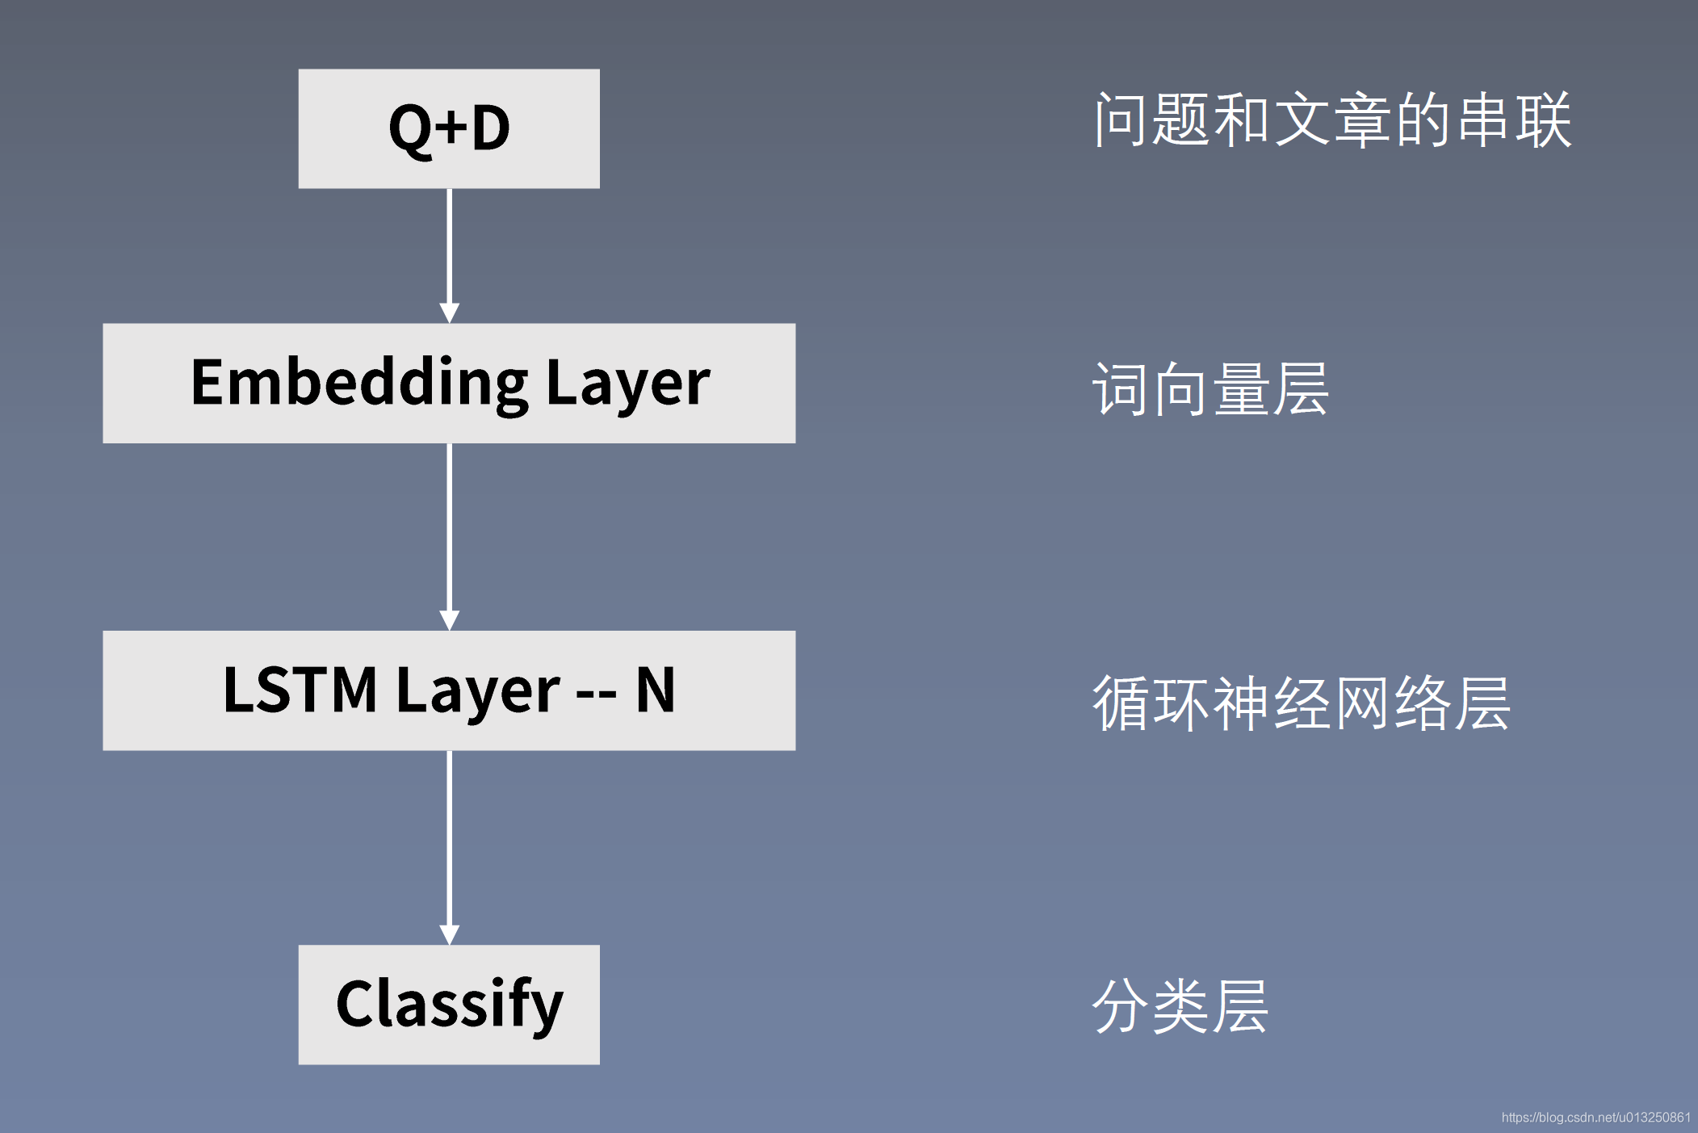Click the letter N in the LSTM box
(x=655, y=690)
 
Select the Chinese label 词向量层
(x=1210, y=389)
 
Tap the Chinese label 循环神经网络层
(x=1301, y=703)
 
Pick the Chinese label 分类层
(x=1180, y=1006)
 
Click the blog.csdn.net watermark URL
(x=1595, y=1117)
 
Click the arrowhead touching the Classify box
(x=449, y=935)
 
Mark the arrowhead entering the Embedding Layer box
(x=449, y=313)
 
